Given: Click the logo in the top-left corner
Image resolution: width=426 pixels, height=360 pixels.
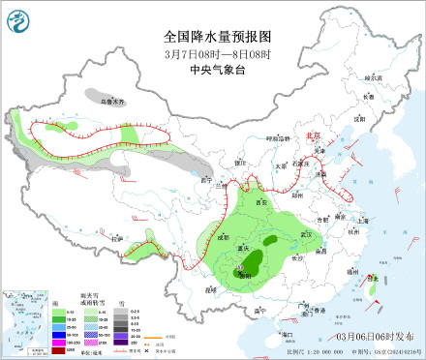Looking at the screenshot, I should [17, 17].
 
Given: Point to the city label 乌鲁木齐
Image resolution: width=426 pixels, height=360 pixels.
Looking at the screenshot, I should [114, 100].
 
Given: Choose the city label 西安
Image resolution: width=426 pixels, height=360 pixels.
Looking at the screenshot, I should [260, 202].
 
